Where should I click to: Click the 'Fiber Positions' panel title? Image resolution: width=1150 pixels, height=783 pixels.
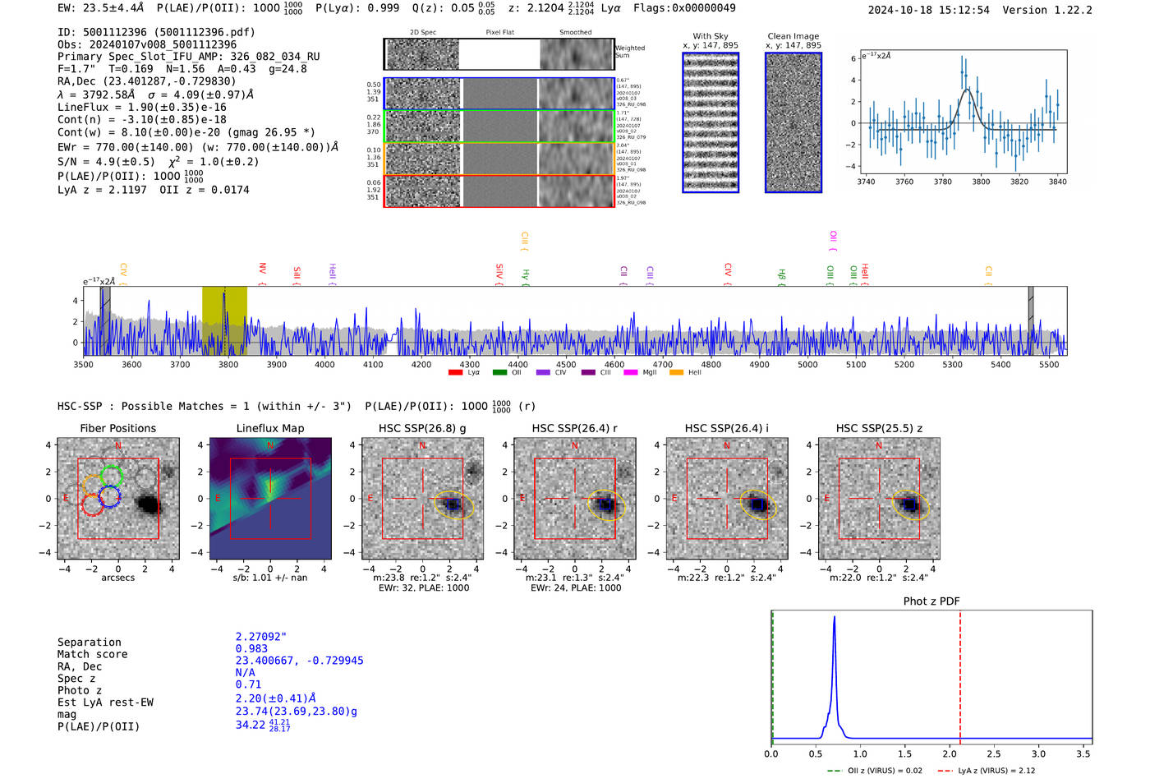117,428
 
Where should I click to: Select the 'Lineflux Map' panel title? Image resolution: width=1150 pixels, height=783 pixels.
270,428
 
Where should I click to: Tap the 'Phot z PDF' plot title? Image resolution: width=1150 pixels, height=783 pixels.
931,601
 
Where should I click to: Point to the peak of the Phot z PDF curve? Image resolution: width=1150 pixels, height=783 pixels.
835,618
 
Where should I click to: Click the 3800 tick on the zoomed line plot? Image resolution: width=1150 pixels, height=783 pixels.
981,182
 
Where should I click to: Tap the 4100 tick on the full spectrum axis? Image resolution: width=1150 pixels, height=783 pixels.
373,365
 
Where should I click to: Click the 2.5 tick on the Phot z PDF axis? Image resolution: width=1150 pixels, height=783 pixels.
994,753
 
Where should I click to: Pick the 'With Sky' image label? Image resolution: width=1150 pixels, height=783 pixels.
711,36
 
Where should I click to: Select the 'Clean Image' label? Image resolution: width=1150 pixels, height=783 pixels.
793,36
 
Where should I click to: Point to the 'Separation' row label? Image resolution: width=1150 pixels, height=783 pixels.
90,643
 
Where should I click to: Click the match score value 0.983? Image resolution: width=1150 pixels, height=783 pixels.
251,649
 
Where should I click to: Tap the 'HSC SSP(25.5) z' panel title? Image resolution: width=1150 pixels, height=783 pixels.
879,428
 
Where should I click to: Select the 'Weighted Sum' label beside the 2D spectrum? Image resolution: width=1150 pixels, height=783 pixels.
630,52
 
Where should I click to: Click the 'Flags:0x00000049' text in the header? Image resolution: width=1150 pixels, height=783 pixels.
684,8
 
